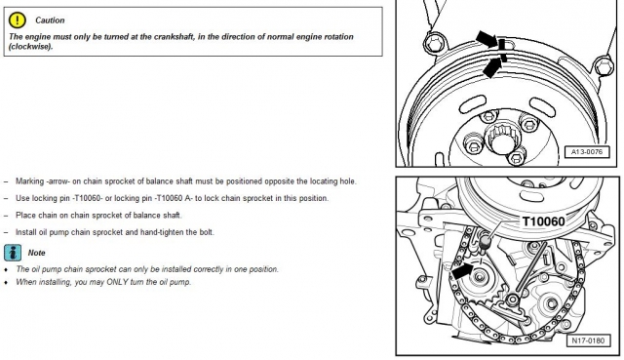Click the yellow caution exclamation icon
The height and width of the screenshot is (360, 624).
point(18,20)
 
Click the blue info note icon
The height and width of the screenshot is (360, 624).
point(13,253)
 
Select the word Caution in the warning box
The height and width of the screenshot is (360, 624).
point(50,20)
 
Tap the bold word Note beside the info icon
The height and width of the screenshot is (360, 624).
point(36,253)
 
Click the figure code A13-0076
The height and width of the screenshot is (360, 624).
point(587,152)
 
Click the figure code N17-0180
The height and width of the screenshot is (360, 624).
point(588,340)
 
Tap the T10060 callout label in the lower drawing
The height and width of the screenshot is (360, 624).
point(543,221)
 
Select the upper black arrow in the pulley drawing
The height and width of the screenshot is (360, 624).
point(487,39)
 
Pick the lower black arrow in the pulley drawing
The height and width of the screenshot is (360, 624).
point(491,67)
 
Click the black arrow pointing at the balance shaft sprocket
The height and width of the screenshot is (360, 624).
point(463,272)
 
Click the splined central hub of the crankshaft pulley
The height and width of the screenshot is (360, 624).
point(503,138)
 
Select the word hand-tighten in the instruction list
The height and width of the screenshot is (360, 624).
point(163,232)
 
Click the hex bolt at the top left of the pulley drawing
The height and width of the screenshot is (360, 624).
point(434,43)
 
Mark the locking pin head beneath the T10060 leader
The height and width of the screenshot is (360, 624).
point(486,242)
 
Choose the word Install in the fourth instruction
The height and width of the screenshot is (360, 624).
point(26,232)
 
